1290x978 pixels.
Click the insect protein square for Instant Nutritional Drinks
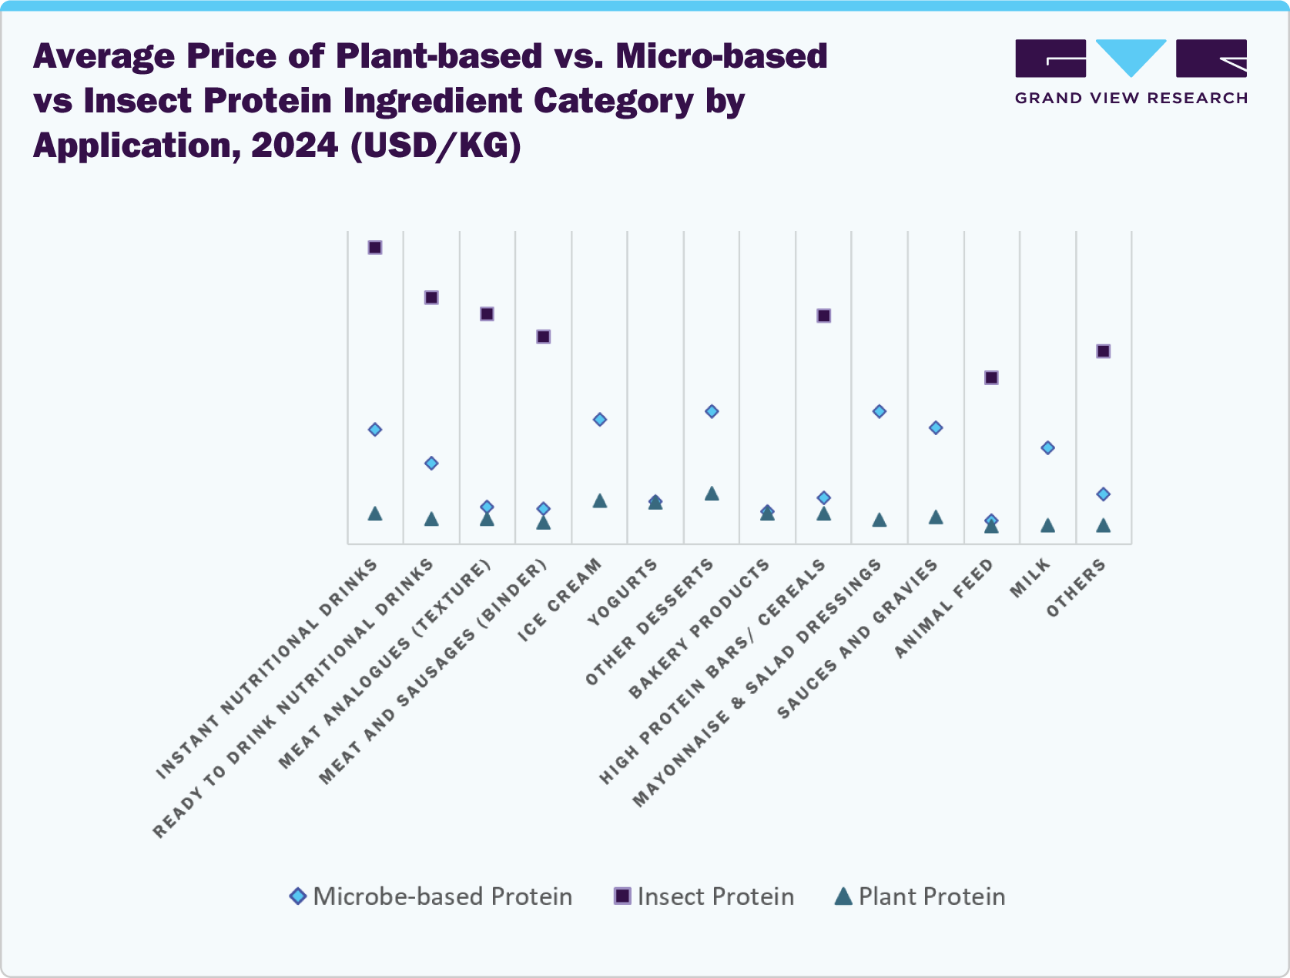[x=375, y=247]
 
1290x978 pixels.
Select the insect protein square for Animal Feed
[x=991, y=377]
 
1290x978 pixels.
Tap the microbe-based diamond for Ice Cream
[x=600, y=420]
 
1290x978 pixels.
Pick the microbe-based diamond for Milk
[x=1047, y=447]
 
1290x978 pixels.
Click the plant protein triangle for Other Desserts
[x=712, y=494]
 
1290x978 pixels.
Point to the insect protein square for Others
[x=1103, y=351]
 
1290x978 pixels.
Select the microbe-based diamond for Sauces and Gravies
[x=936, y=427]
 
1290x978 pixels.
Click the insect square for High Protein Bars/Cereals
[x=823, y=316]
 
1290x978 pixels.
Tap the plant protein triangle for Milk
[x=1047, y=526]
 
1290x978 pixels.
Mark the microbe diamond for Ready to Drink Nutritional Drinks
[x=431, y=463]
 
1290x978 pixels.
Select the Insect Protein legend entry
[x=704, y=896]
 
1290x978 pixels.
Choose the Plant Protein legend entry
[x=920, y=896]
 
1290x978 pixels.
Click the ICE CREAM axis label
[x=560, y=600]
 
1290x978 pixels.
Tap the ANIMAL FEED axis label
[x=944, y=609]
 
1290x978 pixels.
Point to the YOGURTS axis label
[x=622, y=592]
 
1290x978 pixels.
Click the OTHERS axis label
[x=1076, y=588]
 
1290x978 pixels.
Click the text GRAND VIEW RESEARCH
[x=1131, y=98]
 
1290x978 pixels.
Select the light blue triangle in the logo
[x=1131, y=55]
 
